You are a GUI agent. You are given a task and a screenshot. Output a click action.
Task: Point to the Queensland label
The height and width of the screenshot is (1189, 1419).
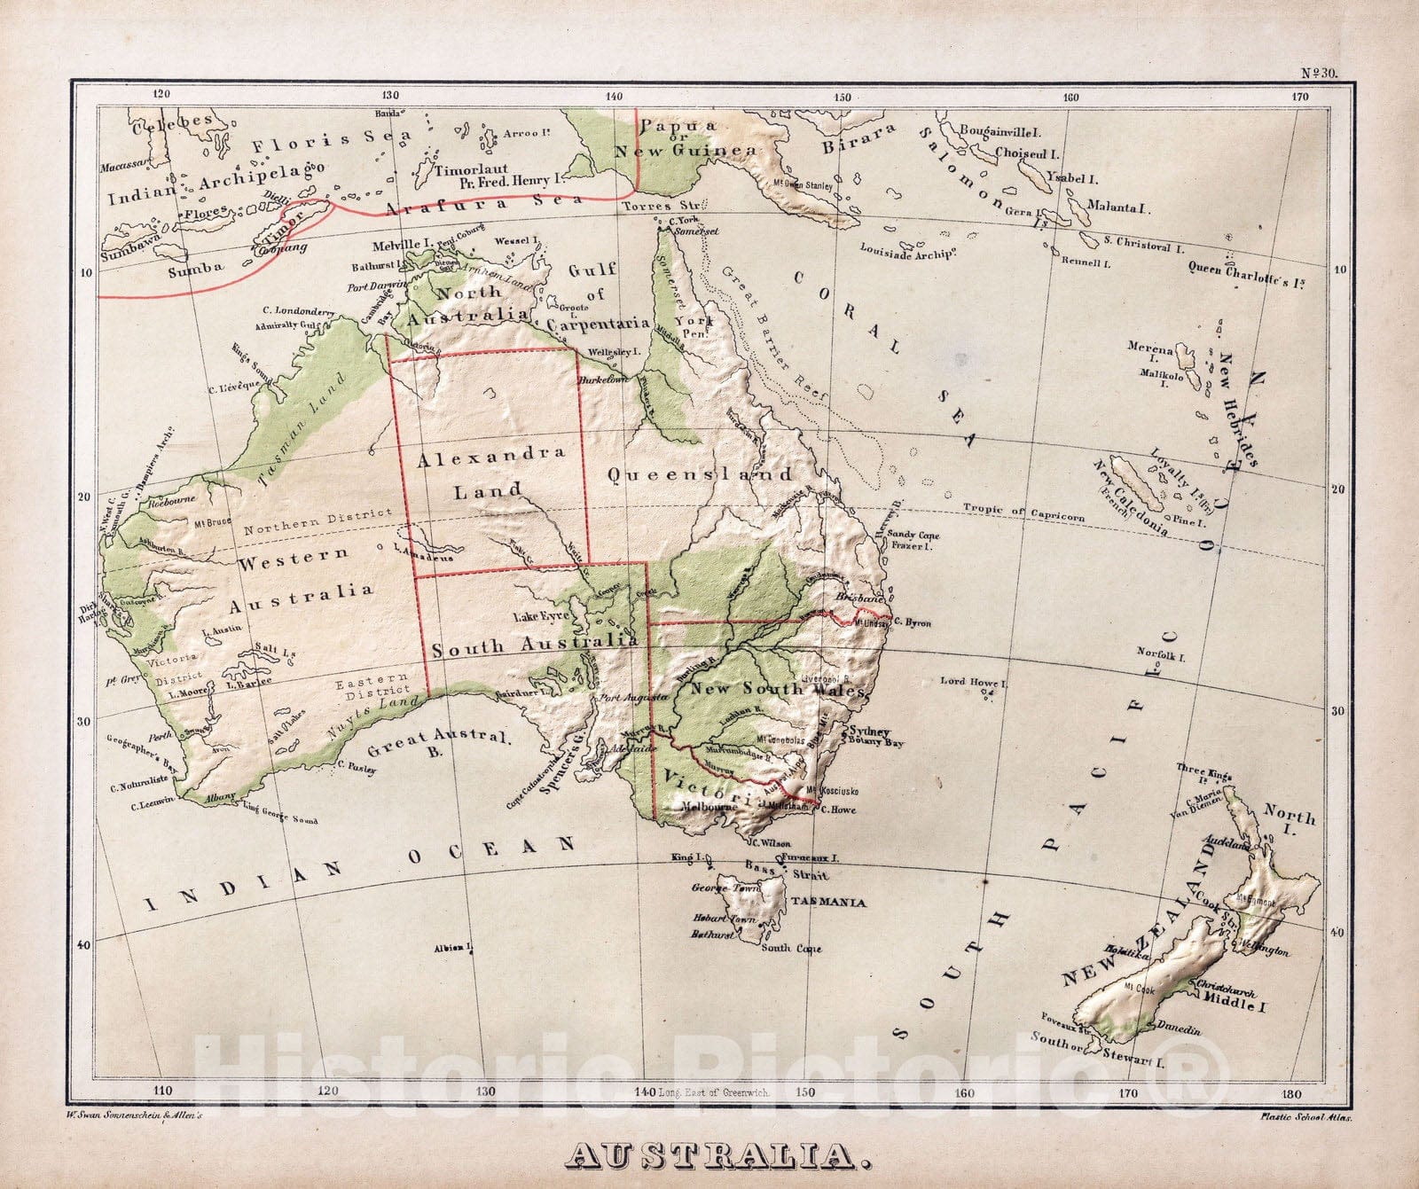point(700,474)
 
